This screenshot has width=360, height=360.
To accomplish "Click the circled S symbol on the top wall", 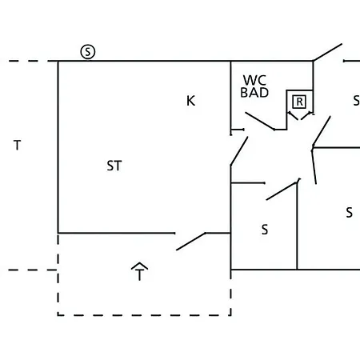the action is [x=88, y=52].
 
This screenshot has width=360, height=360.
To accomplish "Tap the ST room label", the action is [x=114, y=166].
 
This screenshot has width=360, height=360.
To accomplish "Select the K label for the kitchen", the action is [x=190, y=101].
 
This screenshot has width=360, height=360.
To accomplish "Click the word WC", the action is [x=254, y=80].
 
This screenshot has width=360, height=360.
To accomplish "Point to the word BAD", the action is [x=254, y=93].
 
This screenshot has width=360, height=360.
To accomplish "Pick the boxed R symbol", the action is [x=299, y=102].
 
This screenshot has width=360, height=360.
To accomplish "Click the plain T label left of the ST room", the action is [x=18, y=146].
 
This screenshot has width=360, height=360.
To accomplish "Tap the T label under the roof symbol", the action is [x=139, y=275].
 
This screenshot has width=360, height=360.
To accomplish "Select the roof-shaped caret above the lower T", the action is [x=139, y=265].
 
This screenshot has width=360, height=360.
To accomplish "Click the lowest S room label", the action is [x=265, y=230].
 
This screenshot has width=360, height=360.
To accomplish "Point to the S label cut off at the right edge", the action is [x=357, y=101].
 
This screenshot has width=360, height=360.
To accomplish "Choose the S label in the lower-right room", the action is [x=350, y=213].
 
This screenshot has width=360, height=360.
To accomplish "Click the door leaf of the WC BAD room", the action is [x=260, y=121].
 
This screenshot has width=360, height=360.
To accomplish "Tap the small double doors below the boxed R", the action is [x=300, y=116].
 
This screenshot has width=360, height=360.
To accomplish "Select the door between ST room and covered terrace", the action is [x=191, y=242].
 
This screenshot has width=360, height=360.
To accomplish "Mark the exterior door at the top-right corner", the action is [x=328, y=52].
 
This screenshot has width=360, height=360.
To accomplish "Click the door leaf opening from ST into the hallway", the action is [x=239, y=151].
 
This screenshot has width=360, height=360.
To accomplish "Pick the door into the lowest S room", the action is [x=282, y=190].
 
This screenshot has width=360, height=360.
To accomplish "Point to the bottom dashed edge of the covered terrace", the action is [x=144, y=315].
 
